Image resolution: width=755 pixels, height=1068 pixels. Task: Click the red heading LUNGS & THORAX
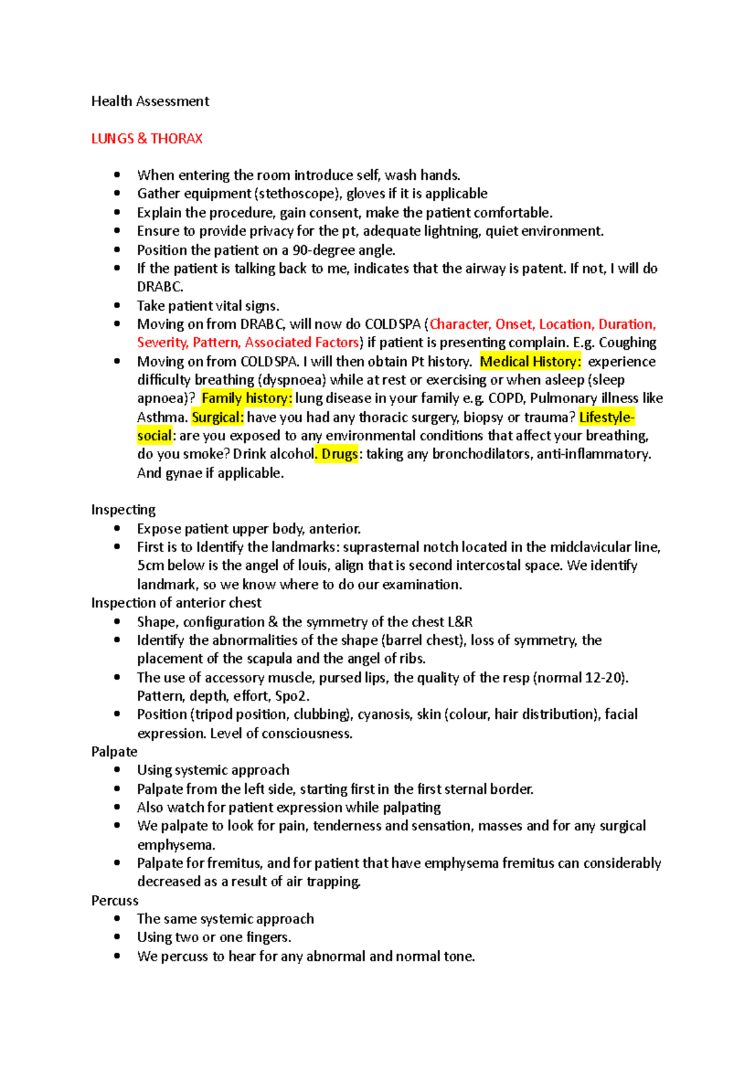tap(147, 138)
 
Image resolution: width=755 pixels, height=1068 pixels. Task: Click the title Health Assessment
tap(150, 101)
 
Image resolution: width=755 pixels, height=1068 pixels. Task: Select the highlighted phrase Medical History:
tap(530, 362)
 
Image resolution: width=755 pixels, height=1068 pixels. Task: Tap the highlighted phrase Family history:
tap(247, 398)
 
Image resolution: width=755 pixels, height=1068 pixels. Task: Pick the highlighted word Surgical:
tap(217, 417)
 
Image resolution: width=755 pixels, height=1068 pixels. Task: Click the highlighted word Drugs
tap(340, 454)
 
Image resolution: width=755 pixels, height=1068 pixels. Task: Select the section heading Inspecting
tap(123, 509)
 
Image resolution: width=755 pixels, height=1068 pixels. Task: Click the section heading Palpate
tap(114, 752)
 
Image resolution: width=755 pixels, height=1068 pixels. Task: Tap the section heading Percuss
tap(115, 901)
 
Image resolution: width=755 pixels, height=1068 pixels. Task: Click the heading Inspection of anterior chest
tap(176, 603)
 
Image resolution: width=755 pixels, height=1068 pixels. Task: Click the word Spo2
tap(292, 696)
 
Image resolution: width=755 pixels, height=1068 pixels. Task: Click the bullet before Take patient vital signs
tap(117, 306)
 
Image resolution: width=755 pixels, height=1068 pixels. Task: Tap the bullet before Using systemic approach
tap(117, 770)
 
